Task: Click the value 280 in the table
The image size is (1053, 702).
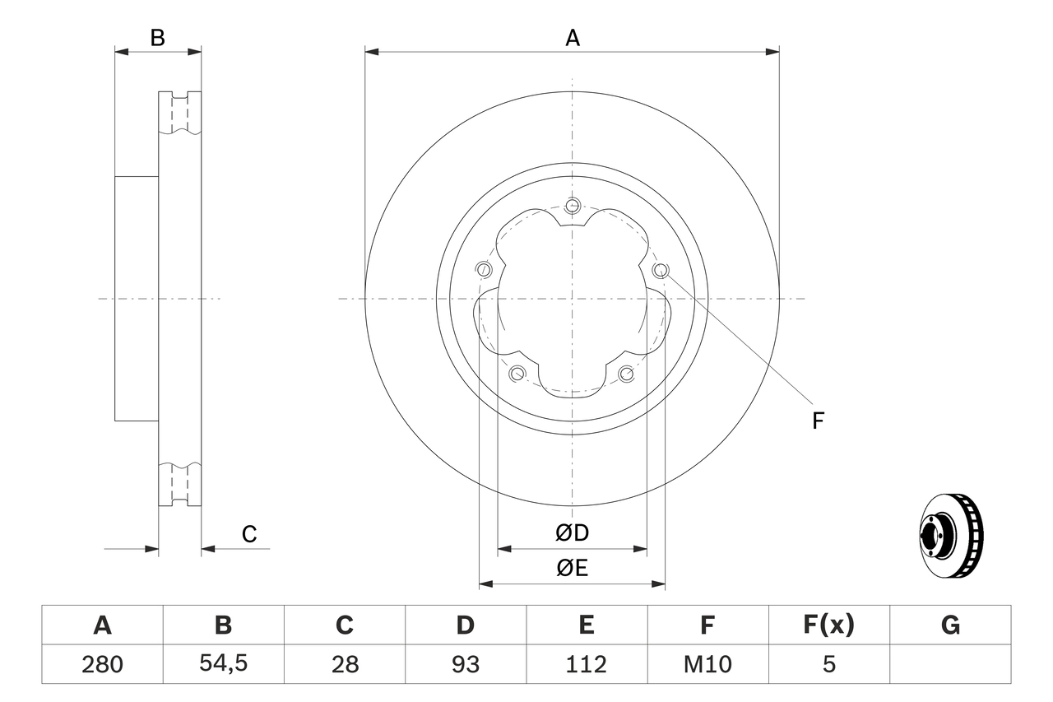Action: click(x=102, y=664)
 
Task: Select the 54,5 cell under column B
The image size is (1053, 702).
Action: click(x=223, y=664)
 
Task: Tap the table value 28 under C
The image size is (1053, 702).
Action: click(x=345, y=664)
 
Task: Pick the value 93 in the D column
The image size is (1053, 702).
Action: click(x=465, y=664)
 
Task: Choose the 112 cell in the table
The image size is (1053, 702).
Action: click(x=586, y=664)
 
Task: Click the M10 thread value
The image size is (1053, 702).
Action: click(x=707, y=664)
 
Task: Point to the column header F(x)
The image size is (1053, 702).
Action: click(x=828, y=625)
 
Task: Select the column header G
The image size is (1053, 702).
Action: click(x=950, y=625)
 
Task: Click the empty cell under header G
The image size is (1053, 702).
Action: click(x=950, y=664)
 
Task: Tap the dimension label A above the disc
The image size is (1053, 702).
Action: click(x=573, y=38)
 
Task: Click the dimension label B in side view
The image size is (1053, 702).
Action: click(x=157, y=38)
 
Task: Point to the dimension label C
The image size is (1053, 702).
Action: click(x=249, y=534)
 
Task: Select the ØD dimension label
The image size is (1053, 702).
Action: click(x=573, y=533)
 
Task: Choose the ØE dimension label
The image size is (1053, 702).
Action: click(x=573, y=569)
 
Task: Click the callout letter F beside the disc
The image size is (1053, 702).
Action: click(x=818, y=421)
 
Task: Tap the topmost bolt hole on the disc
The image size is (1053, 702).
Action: click(x=573, y=205)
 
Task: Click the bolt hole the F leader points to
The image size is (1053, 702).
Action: click(x=660, y=270)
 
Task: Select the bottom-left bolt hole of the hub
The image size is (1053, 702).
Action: click(x=517, y=374)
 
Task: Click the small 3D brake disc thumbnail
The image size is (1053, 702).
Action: click(x=951, y=536)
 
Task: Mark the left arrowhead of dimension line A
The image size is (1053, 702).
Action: click(x=371, y=52)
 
